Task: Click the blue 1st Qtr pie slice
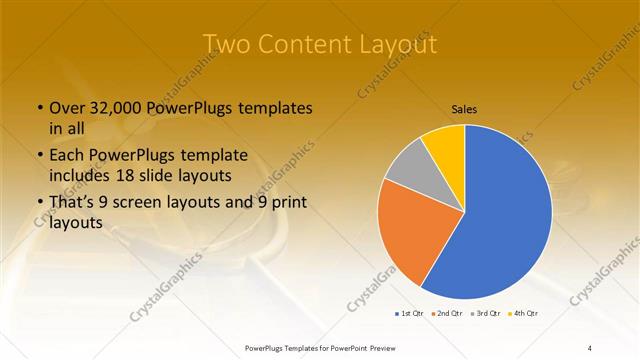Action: click(x=505, y=215)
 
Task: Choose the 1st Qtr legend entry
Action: click(x=411, y=313)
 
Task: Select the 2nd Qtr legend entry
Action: click(x=449, y=313)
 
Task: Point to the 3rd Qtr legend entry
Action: click(x=487, y=313)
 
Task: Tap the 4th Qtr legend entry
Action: click(x=524, y=313)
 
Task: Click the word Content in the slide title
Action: click(x=304, y=45)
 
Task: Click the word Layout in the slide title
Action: click(x=395, y=45)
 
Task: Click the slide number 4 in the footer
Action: click(x=590, y=347)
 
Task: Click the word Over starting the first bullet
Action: click(x=67, y=108)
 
